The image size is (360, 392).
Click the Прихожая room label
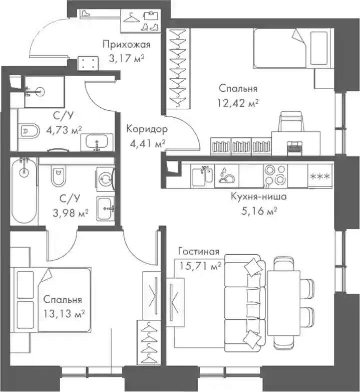(127, 45)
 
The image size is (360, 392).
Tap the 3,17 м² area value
(127, 58)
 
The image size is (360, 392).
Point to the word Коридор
(147, 129)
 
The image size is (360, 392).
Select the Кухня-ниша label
(259, 197)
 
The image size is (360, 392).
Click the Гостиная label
(199, 252)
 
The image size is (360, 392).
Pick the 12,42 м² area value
(238, 103)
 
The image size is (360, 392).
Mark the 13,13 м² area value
(64, 313)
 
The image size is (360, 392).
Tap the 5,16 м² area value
(259, 211)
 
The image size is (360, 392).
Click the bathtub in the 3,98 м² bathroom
(24, 190)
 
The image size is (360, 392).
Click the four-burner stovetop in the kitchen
(275, 176)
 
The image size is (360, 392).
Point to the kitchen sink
(203, 176)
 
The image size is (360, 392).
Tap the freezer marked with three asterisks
(320, 176)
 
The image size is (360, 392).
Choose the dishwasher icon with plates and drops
(227, 176)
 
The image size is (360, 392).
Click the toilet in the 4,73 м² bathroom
(30, 130)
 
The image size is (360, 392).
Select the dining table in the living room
(283, 303)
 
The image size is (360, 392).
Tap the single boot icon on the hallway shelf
(86, 13)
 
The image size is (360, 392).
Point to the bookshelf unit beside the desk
(241, 146)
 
